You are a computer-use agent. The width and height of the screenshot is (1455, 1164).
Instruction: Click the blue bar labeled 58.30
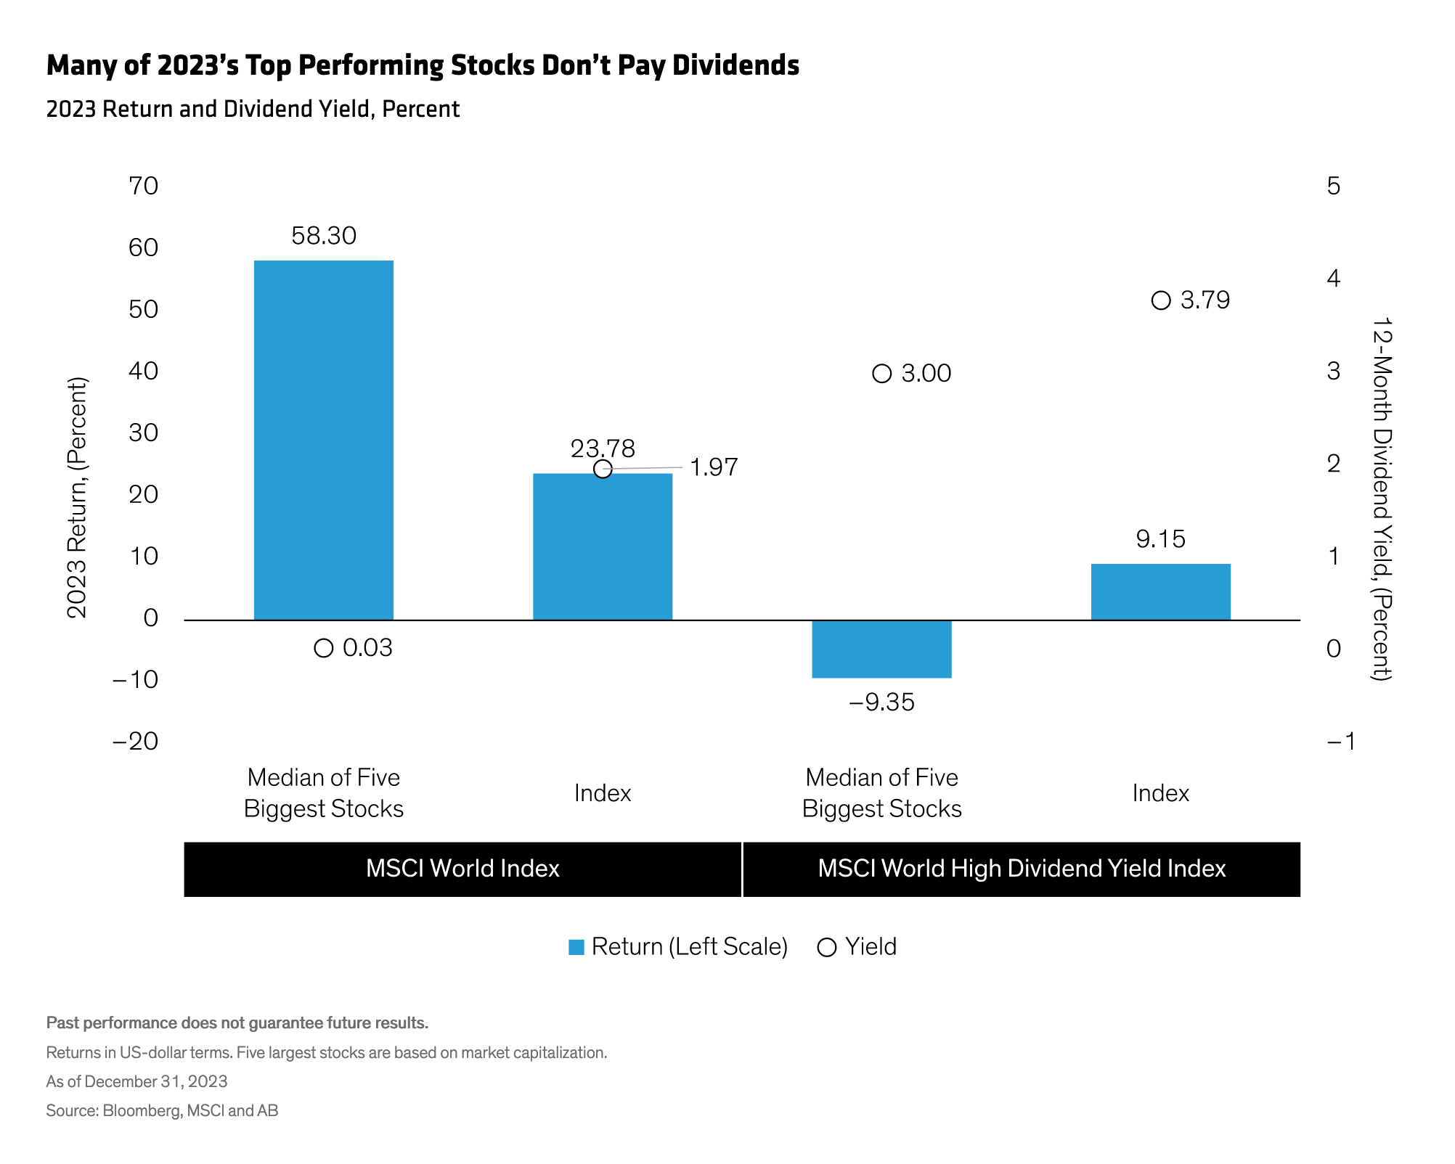pos(323,439)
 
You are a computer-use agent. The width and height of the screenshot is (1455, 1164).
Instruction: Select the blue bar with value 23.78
pos(603,547)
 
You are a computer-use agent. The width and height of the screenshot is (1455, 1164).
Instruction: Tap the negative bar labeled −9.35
pos(881,649)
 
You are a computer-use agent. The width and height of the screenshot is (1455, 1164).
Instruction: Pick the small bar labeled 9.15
pos(1160,591)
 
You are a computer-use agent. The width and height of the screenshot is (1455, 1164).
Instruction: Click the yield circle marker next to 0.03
pos(324,648)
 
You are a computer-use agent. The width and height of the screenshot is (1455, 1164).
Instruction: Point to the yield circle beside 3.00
pos(881,374)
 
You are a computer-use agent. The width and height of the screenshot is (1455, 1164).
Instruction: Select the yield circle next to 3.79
pos(1161,300)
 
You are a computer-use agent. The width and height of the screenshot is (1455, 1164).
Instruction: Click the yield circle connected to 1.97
pos(603,469)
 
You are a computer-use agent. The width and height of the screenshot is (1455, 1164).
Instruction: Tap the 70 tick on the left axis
pos(143,187)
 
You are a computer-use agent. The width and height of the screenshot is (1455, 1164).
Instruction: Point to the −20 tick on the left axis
pos(135,741)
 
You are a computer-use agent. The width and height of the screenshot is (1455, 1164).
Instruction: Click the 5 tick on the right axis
pos(1333,187)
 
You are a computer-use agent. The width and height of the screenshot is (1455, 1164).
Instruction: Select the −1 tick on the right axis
pos(1340,741)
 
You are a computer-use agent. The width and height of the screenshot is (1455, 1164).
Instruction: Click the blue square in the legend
pos(576,947)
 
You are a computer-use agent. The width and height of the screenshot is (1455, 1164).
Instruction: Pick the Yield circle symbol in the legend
pos(827,947)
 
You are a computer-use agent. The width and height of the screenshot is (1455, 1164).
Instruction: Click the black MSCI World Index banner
pos(462,869)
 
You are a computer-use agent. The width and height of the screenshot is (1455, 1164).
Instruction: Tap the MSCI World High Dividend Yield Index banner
pos(1022,869)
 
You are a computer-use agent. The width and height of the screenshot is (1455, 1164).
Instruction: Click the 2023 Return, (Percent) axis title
pos(77,497)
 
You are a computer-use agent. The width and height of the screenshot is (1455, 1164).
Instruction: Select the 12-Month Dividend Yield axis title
pos(1381,499)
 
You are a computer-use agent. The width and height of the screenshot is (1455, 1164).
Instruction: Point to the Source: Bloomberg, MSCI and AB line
pos(162,1110)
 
